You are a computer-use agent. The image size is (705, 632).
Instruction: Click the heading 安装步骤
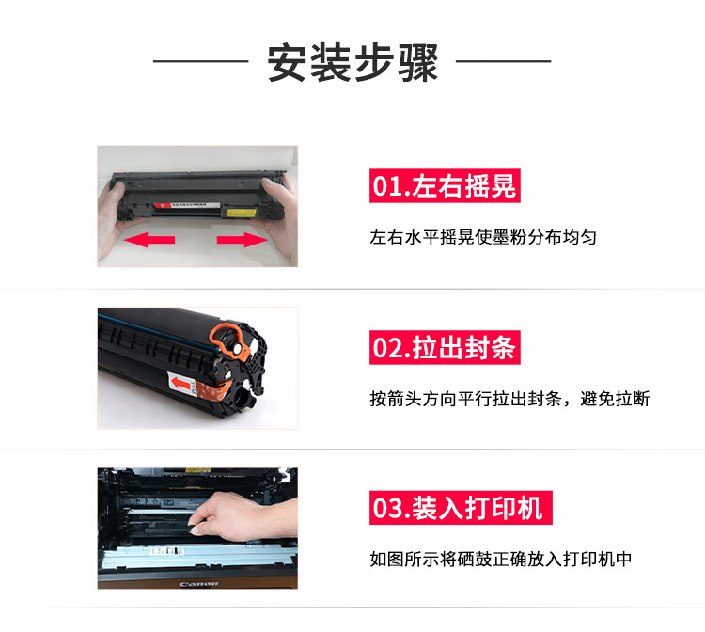352,62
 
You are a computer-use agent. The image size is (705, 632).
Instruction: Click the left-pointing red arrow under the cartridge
149,239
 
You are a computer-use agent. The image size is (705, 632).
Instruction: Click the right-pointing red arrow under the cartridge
243,239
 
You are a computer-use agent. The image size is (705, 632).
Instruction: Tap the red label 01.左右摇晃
445,185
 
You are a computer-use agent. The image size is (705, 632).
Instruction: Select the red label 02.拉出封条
445,347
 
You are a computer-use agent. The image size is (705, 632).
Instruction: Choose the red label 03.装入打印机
461,508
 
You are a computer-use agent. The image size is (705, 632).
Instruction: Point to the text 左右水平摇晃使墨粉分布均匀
483,237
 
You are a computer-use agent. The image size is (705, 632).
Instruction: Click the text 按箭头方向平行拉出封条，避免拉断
509,399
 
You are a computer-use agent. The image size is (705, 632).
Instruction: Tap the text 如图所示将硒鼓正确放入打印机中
501,560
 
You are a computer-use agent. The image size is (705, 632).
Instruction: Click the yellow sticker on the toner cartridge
242,213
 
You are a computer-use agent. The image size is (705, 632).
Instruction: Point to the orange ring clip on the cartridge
229,342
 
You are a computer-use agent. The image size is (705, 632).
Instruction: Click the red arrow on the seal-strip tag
180,384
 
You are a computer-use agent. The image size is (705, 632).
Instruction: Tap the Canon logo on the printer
198,584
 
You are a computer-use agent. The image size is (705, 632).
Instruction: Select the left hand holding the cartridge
114,220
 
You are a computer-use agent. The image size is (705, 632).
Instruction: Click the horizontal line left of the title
200,61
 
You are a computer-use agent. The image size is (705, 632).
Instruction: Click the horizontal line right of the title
504,61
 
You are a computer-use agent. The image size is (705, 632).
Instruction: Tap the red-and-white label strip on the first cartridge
187,205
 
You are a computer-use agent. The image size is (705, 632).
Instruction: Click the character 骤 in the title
418,62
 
